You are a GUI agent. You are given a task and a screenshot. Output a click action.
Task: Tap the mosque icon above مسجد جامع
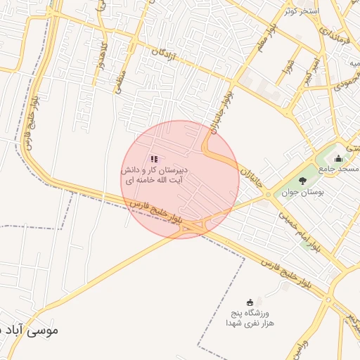[338, 158]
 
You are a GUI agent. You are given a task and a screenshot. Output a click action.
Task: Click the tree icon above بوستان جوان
[303, 180]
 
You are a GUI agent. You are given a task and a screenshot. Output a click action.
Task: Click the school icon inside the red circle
[153, 160]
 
